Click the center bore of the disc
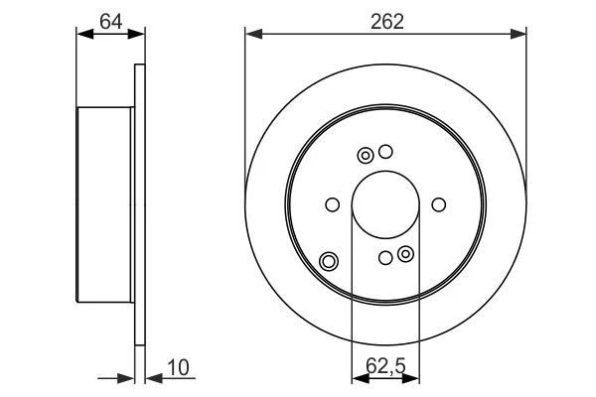pyautogui.click(x=385, y=204)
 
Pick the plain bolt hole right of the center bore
pyautogui.click(x=439, y=205)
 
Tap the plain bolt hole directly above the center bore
pyautogui.click(x=386, y=152)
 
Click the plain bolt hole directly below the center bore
pyautogui.click(x=385, y=258)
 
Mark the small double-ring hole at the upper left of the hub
pyautogui.click(x=365, y=155)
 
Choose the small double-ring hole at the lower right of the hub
pyautogui.click(x=405, y=255)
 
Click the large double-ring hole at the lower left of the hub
pyautogui.click(x=329, y=262)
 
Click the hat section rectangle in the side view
pyautogui.click(x=104, y=204)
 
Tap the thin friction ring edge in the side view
pyautogui.click(x=139, y=204)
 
